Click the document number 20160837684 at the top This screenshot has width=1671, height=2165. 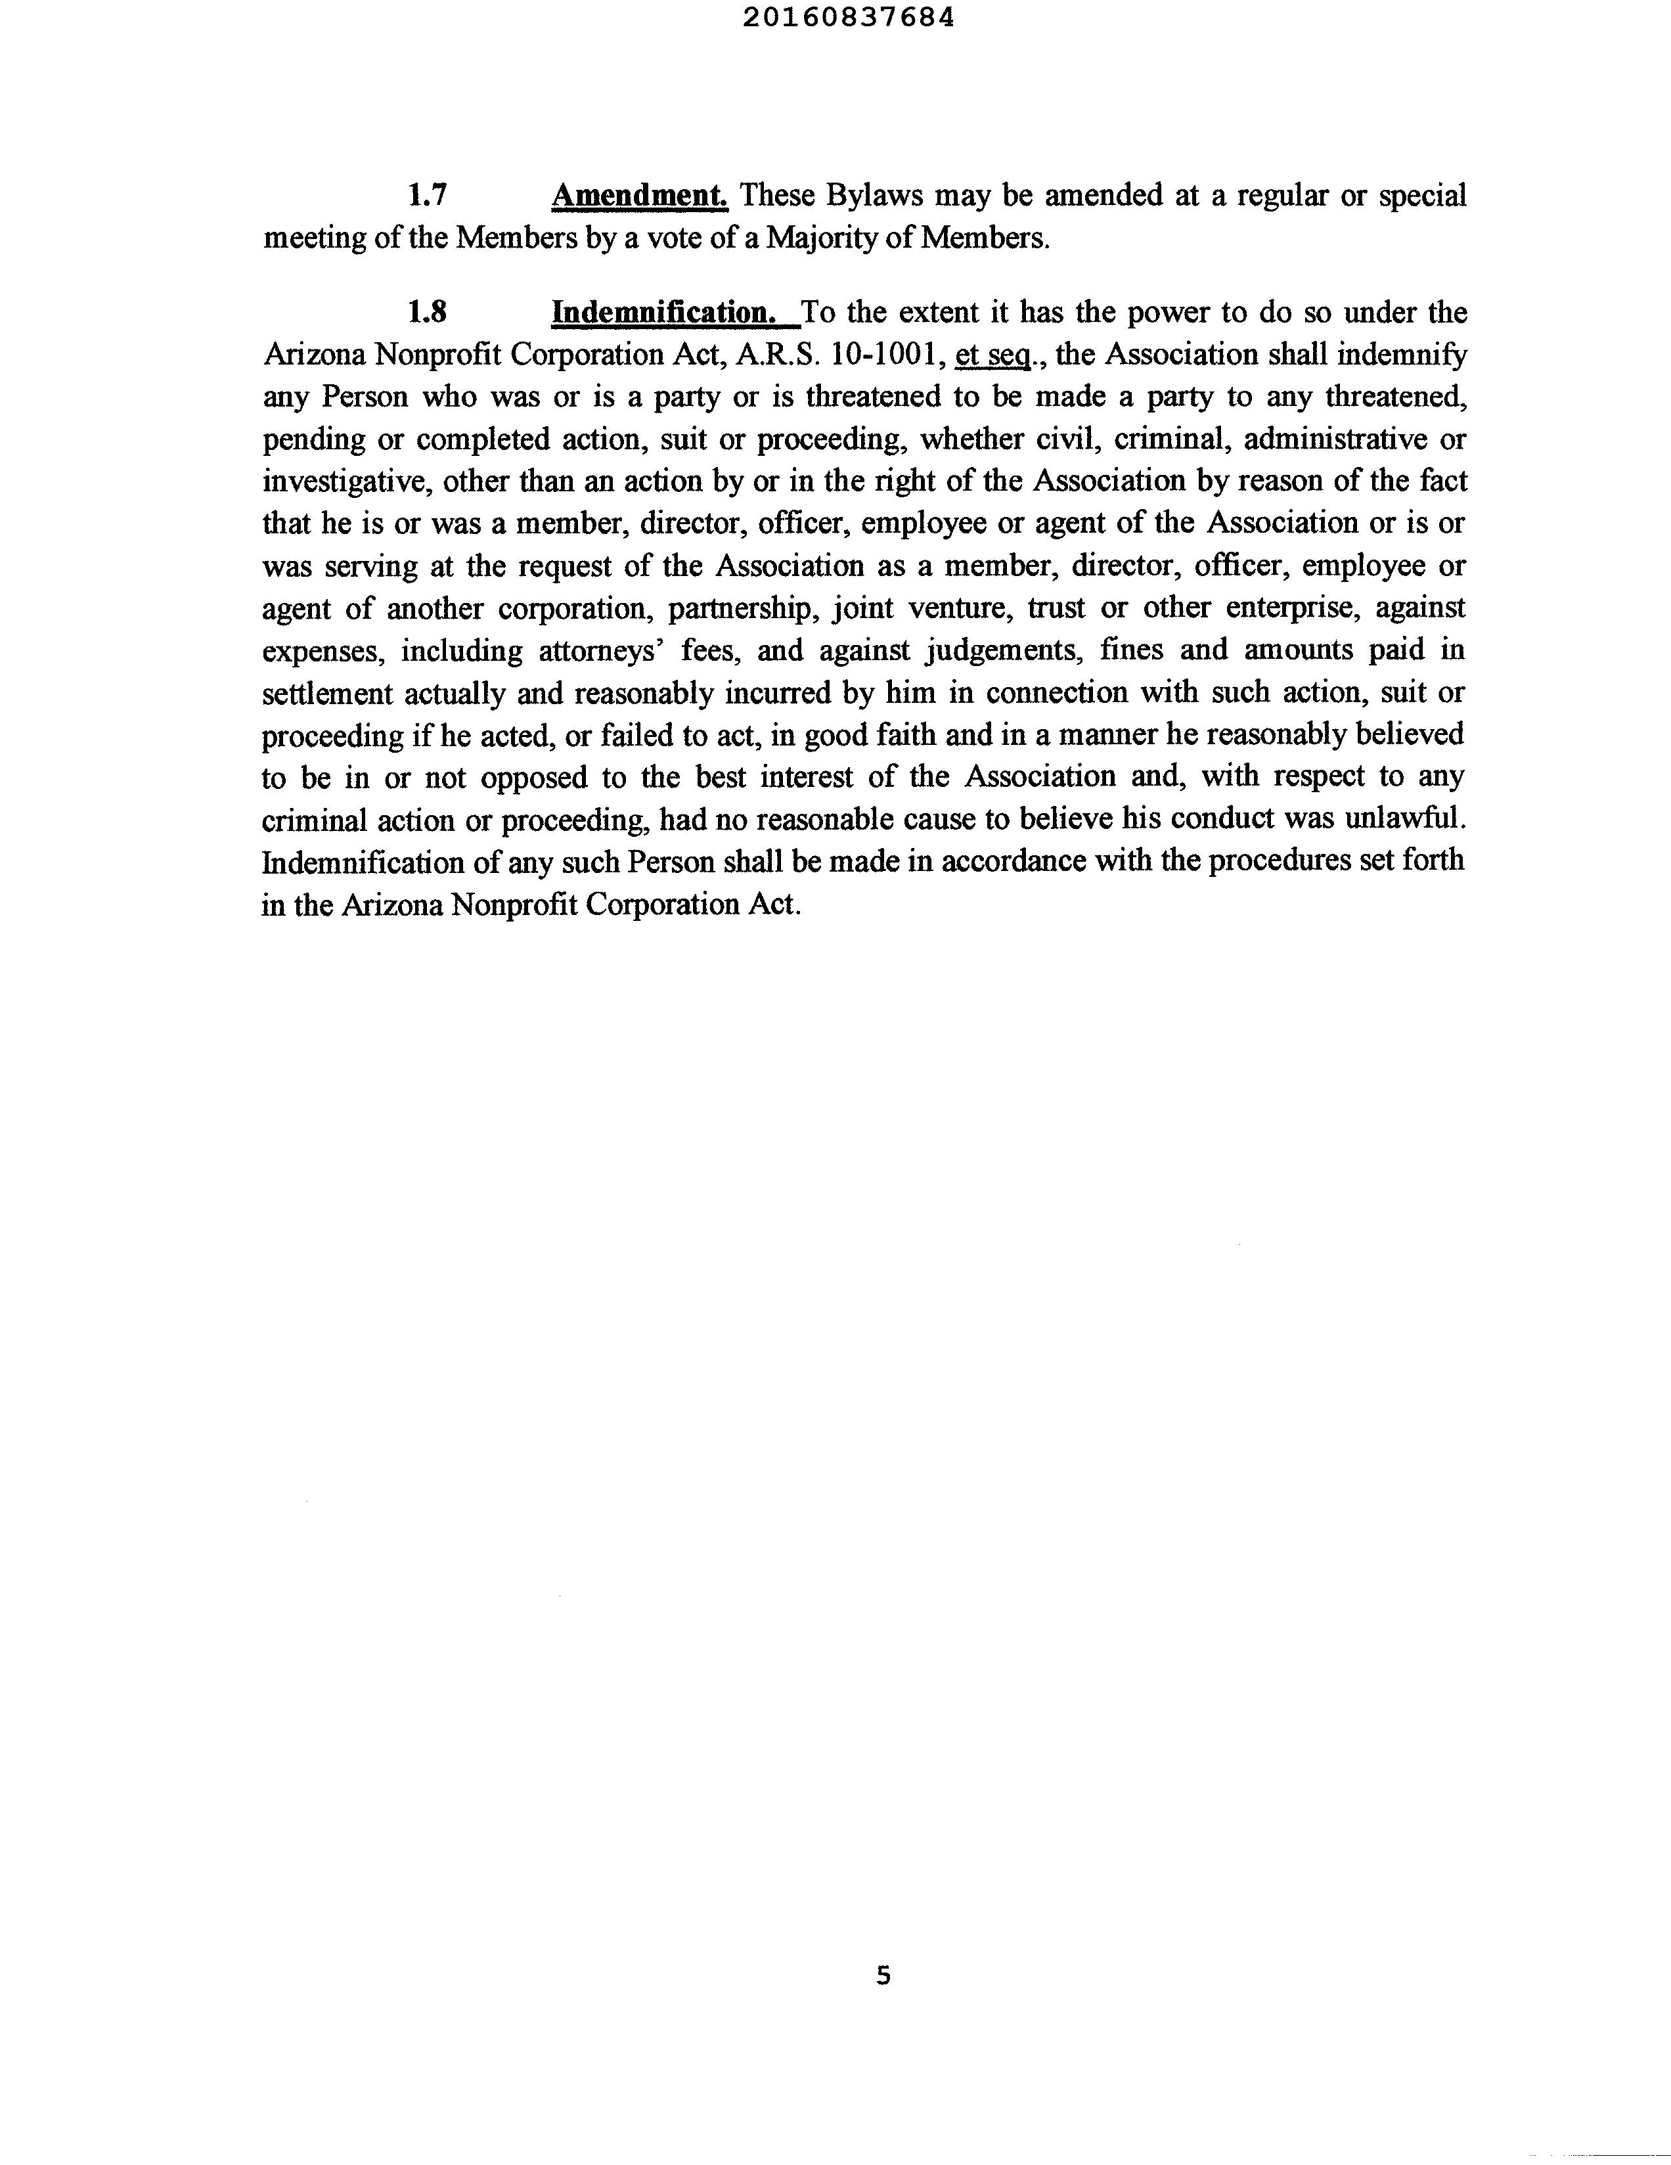(x=849, y=18)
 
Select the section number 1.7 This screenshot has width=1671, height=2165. (x=427, y=195)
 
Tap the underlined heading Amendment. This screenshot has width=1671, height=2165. (x=639, y=195)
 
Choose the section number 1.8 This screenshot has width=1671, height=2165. (x=427, y=312)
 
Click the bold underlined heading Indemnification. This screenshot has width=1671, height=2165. (x=663, y=312)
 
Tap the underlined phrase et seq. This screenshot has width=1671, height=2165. (x=987, y=355)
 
